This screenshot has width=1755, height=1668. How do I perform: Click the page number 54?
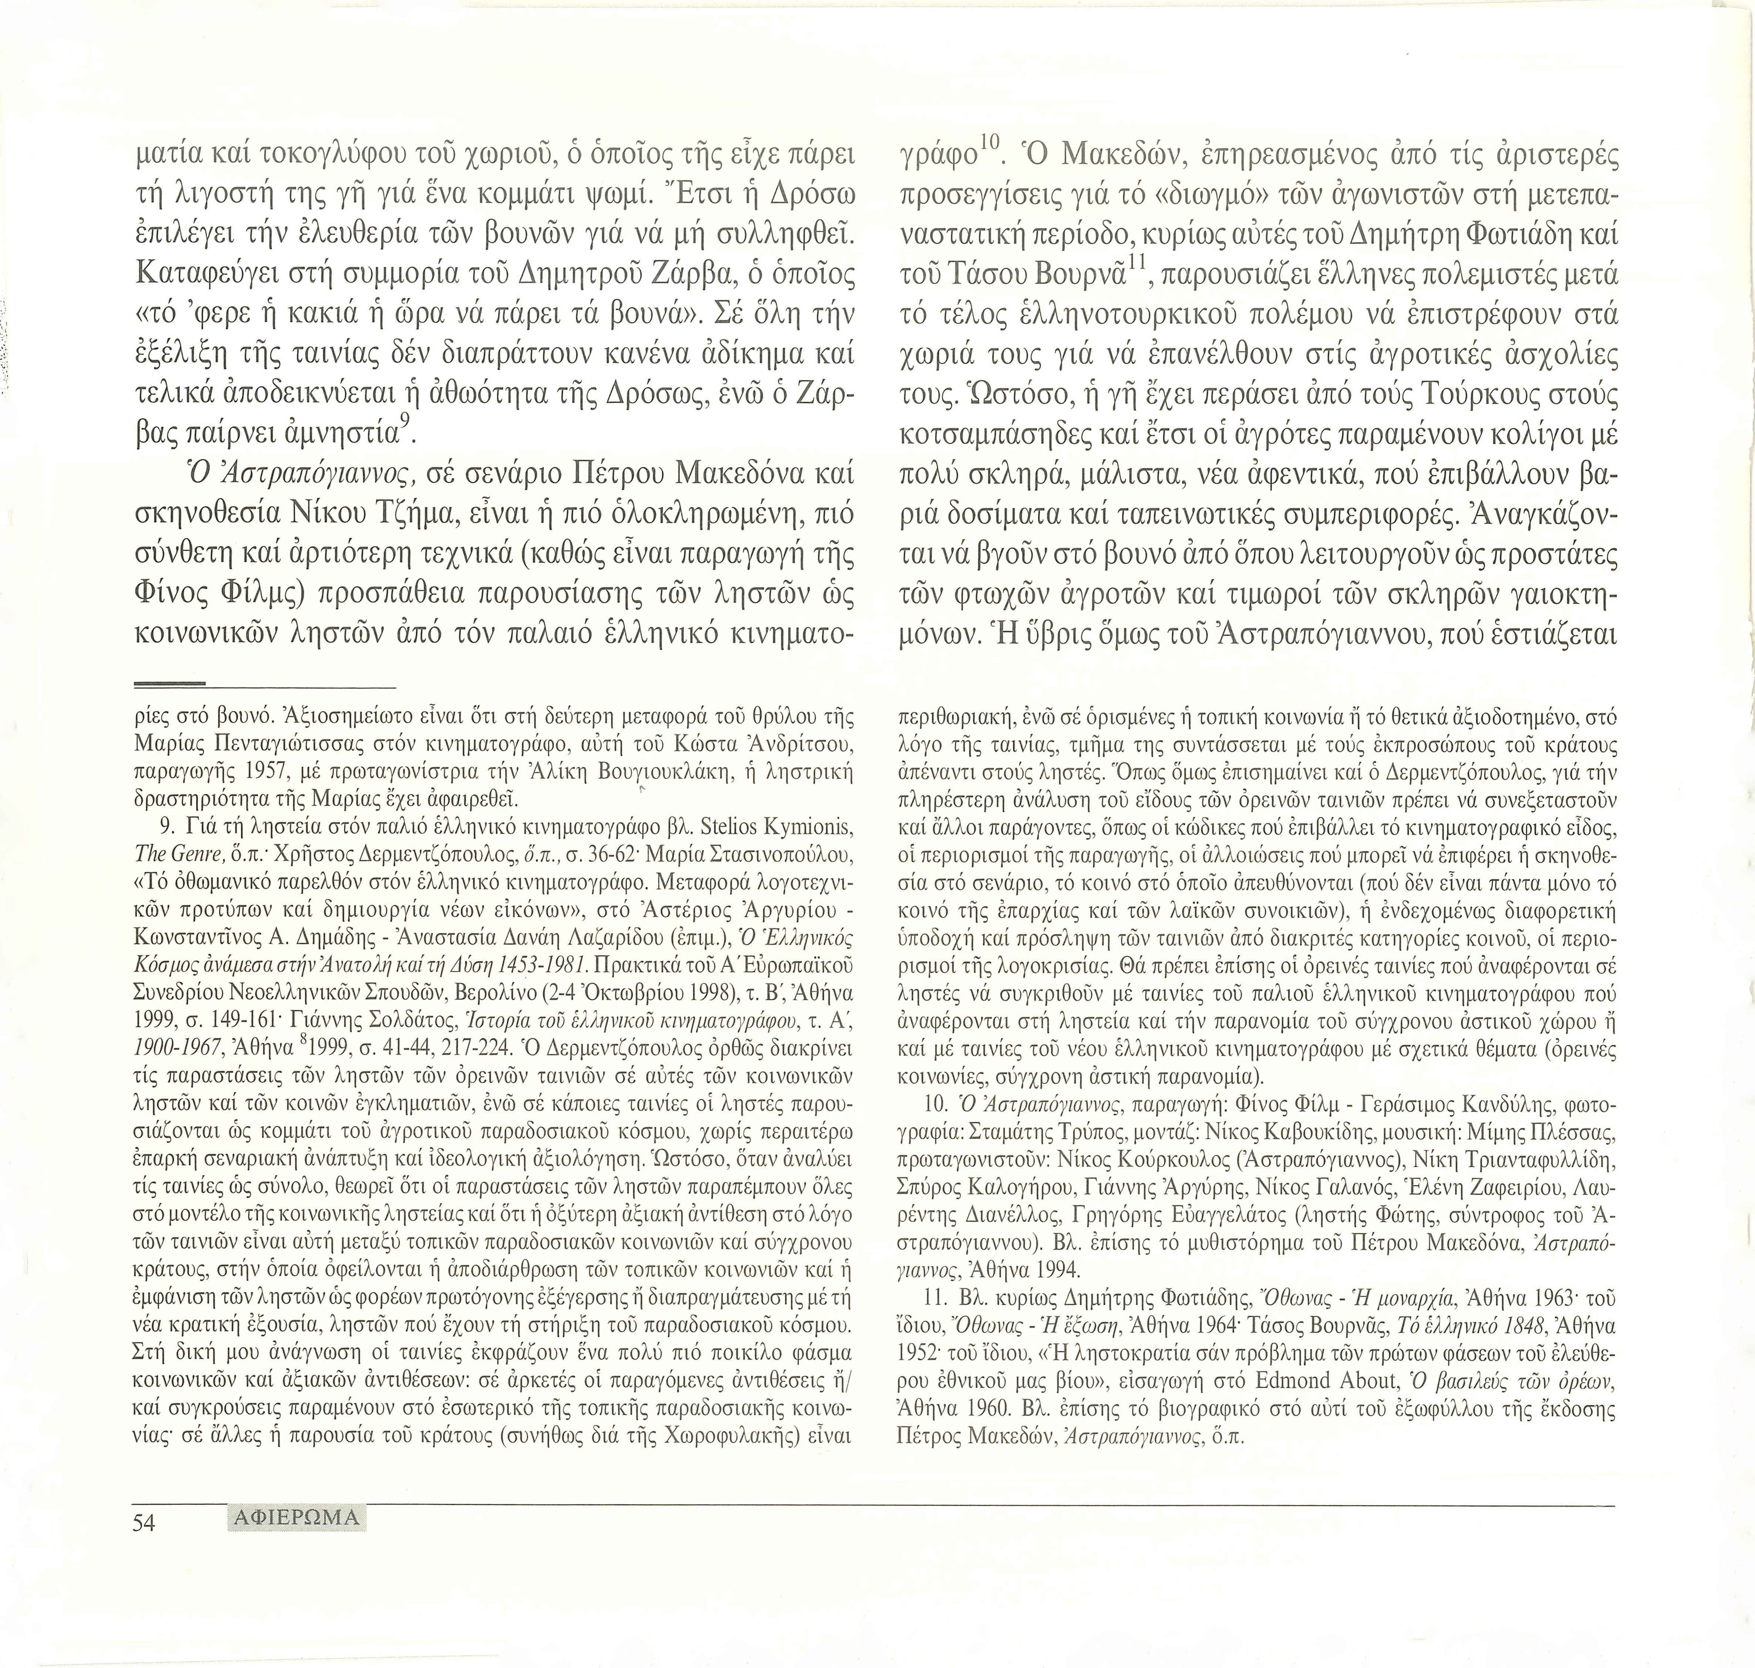(x=144, y=1548)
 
